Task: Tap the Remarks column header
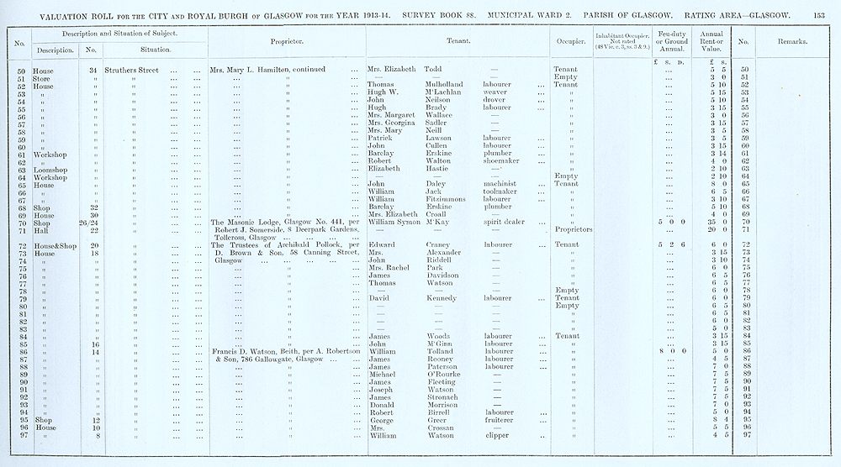click(793, 40)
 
